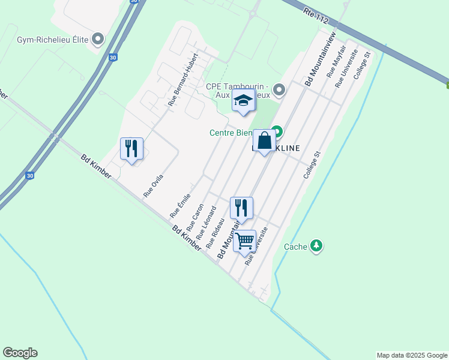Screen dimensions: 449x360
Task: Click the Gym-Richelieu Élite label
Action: pos(53,40)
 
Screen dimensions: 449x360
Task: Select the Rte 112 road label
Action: pos(316,16)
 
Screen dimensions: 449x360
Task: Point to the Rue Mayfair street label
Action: pos(336,64)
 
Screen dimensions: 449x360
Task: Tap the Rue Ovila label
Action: pos(154,186)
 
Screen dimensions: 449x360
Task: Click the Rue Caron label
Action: pos(195,217)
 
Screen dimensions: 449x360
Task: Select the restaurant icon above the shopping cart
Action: pos(241,208)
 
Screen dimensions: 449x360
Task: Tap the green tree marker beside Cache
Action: pos(316,246)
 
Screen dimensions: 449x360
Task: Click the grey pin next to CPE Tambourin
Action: pos(279,91)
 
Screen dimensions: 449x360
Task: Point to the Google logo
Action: pos(20,353)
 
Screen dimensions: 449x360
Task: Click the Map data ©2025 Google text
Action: pos(412,355)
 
